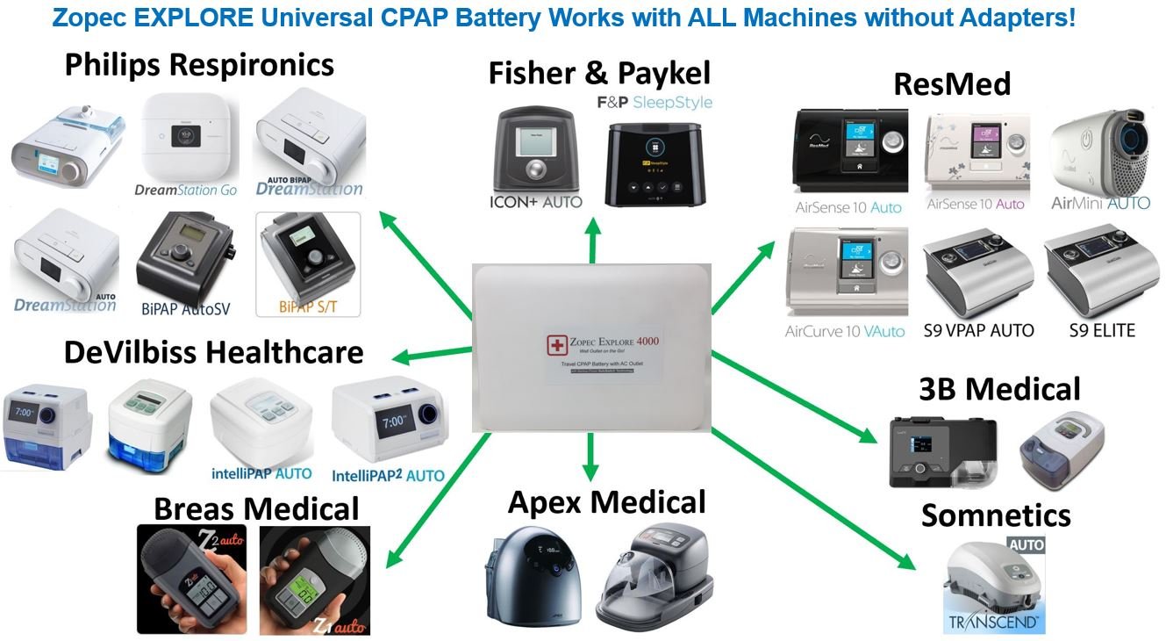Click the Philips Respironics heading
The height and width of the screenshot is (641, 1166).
point(199,65)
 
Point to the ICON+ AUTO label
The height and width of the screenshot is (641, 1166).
point(535,201)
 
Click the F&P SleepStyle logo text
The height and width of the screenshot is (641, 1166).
point(655,103)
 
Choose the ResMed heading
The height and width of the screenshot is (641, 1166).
point(952,84)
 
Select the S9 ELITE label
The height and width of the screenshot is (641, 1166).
point(1102,331)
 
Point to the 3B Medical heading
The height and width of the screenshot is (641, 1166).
point(999,389)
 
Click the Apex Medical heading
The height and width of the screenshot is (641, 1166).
point(606,502)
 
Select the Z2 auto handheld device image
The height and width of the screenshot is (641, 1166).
point(194,580)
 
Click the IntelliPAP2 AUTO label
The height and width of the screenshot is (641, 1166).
point(388,475)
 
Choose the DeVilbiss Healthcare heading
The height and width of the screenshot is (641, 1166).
point(213,352)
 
